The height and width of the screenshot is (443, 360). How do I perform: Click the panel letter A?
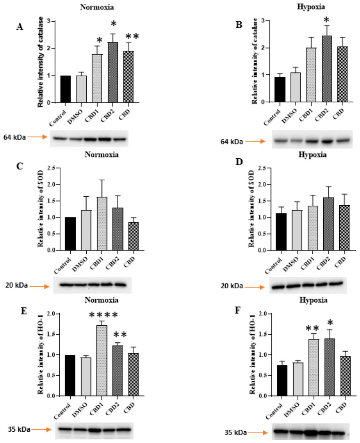(x=19, y=27)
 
